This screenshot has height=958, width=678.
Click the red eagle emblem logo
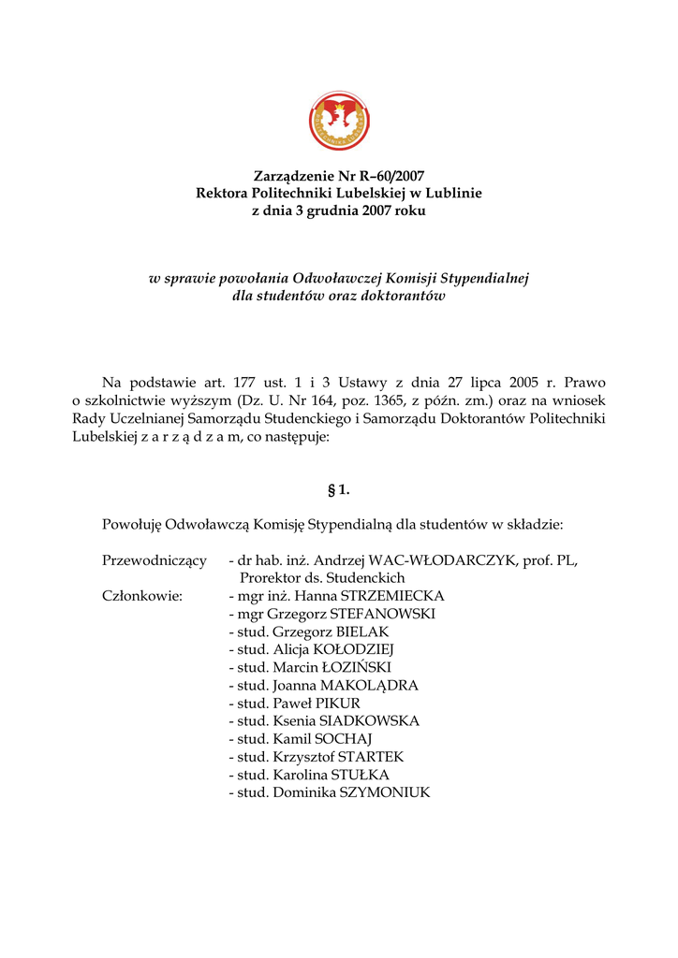click(338, 121)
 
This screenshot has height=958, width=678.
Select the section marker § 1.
click(338, 489)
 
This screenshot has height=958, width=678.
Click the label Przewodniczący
click(154, 560)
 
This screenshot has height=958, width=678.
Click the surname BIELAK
click(350, 631)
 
